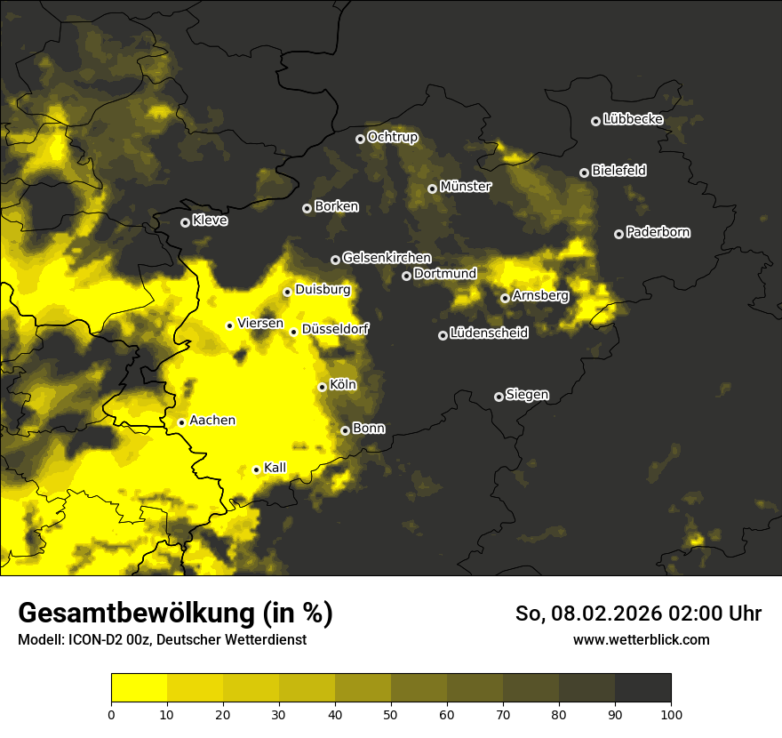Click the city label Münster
[466, 187]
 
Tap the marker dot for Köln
[323, 387]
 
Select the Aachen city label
[212, 421]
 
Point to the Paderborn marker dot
[618, 234]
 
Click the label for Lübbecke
[633, 119]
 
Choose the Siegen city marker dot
[499, 397]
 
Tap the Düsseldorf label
[335, 329]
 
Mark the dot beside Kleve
[185, 222]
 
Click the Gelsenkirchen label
[387, 258]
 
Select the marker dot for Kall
[256, 469]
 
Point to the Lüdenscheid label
[489, 333]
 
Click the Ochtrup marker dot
[360, 139]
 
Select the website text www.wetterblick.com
[641, 639]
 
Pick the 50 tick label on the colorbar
[391, 713]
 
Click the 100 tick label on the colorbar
[671, 713]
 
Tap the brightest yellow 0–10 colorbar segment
[139, 688]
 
